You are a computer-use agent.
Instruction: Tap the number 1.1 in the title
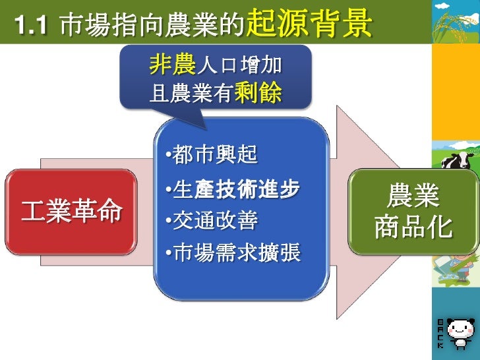[28, 26]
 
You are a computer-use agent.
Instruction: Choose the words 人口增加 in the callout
[239, 65]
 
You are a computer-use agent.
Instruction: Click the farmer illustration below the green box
[455, 264]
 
